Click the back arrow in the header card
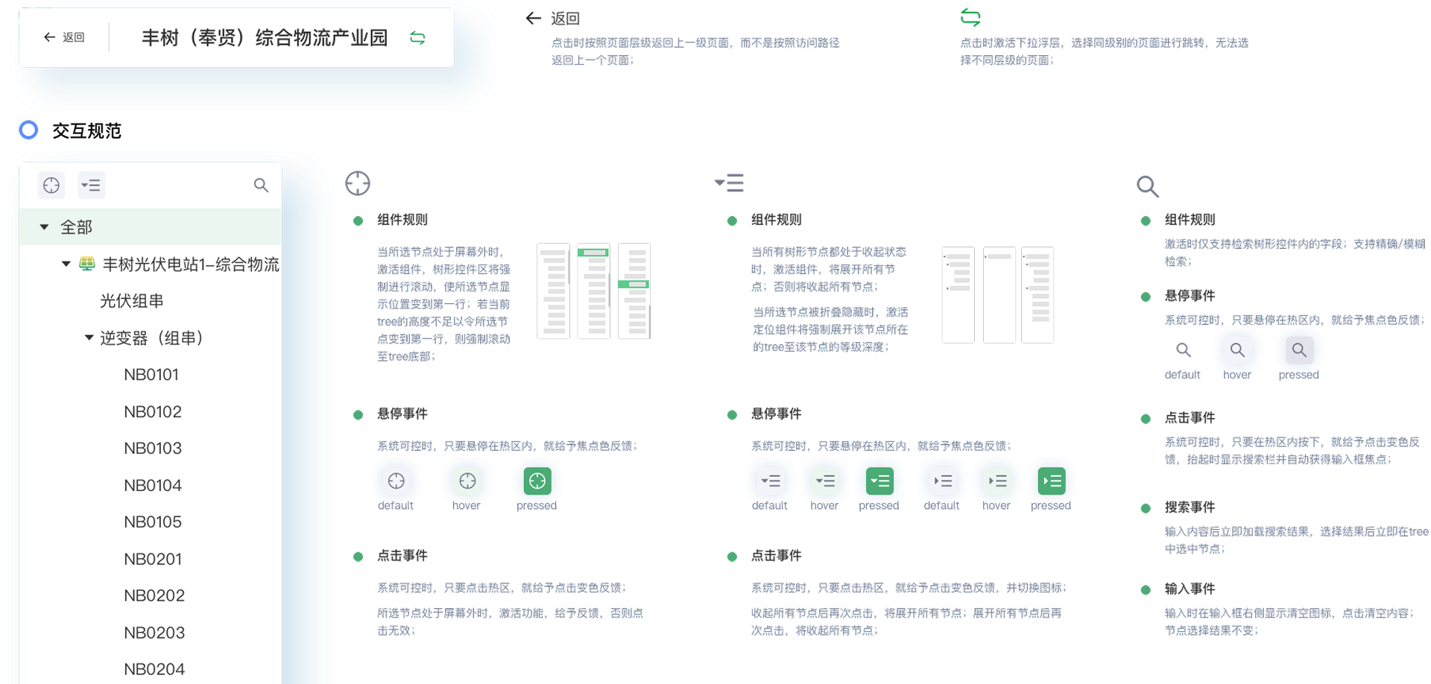[49, 37]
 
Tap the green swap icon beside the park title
[417, 37]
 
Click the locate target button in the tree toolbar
[51, 185]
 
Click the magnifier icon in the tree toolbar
[261, 185]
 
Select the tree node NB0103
[153, 448]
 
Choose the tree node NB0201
[153, 559]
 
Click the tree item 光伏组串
[132, 301]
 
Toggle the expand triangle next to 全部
[44, 227]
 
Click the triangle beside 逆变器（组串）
[89, 338]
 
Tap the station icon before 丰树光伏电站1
[87, 264]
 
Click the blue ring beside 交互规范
[28, 130]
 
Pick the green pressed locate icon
[537, 481]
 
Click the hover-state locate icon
[467, 481]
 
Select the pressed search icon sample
[1299, 349]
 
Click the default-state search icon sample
[1183, 349]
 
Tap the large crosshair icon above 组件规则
[358, 183]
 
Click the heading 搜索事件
[1190, 507]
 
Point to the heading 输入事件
[1190, 589]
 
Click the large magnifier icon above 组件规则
[1148, 186]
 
